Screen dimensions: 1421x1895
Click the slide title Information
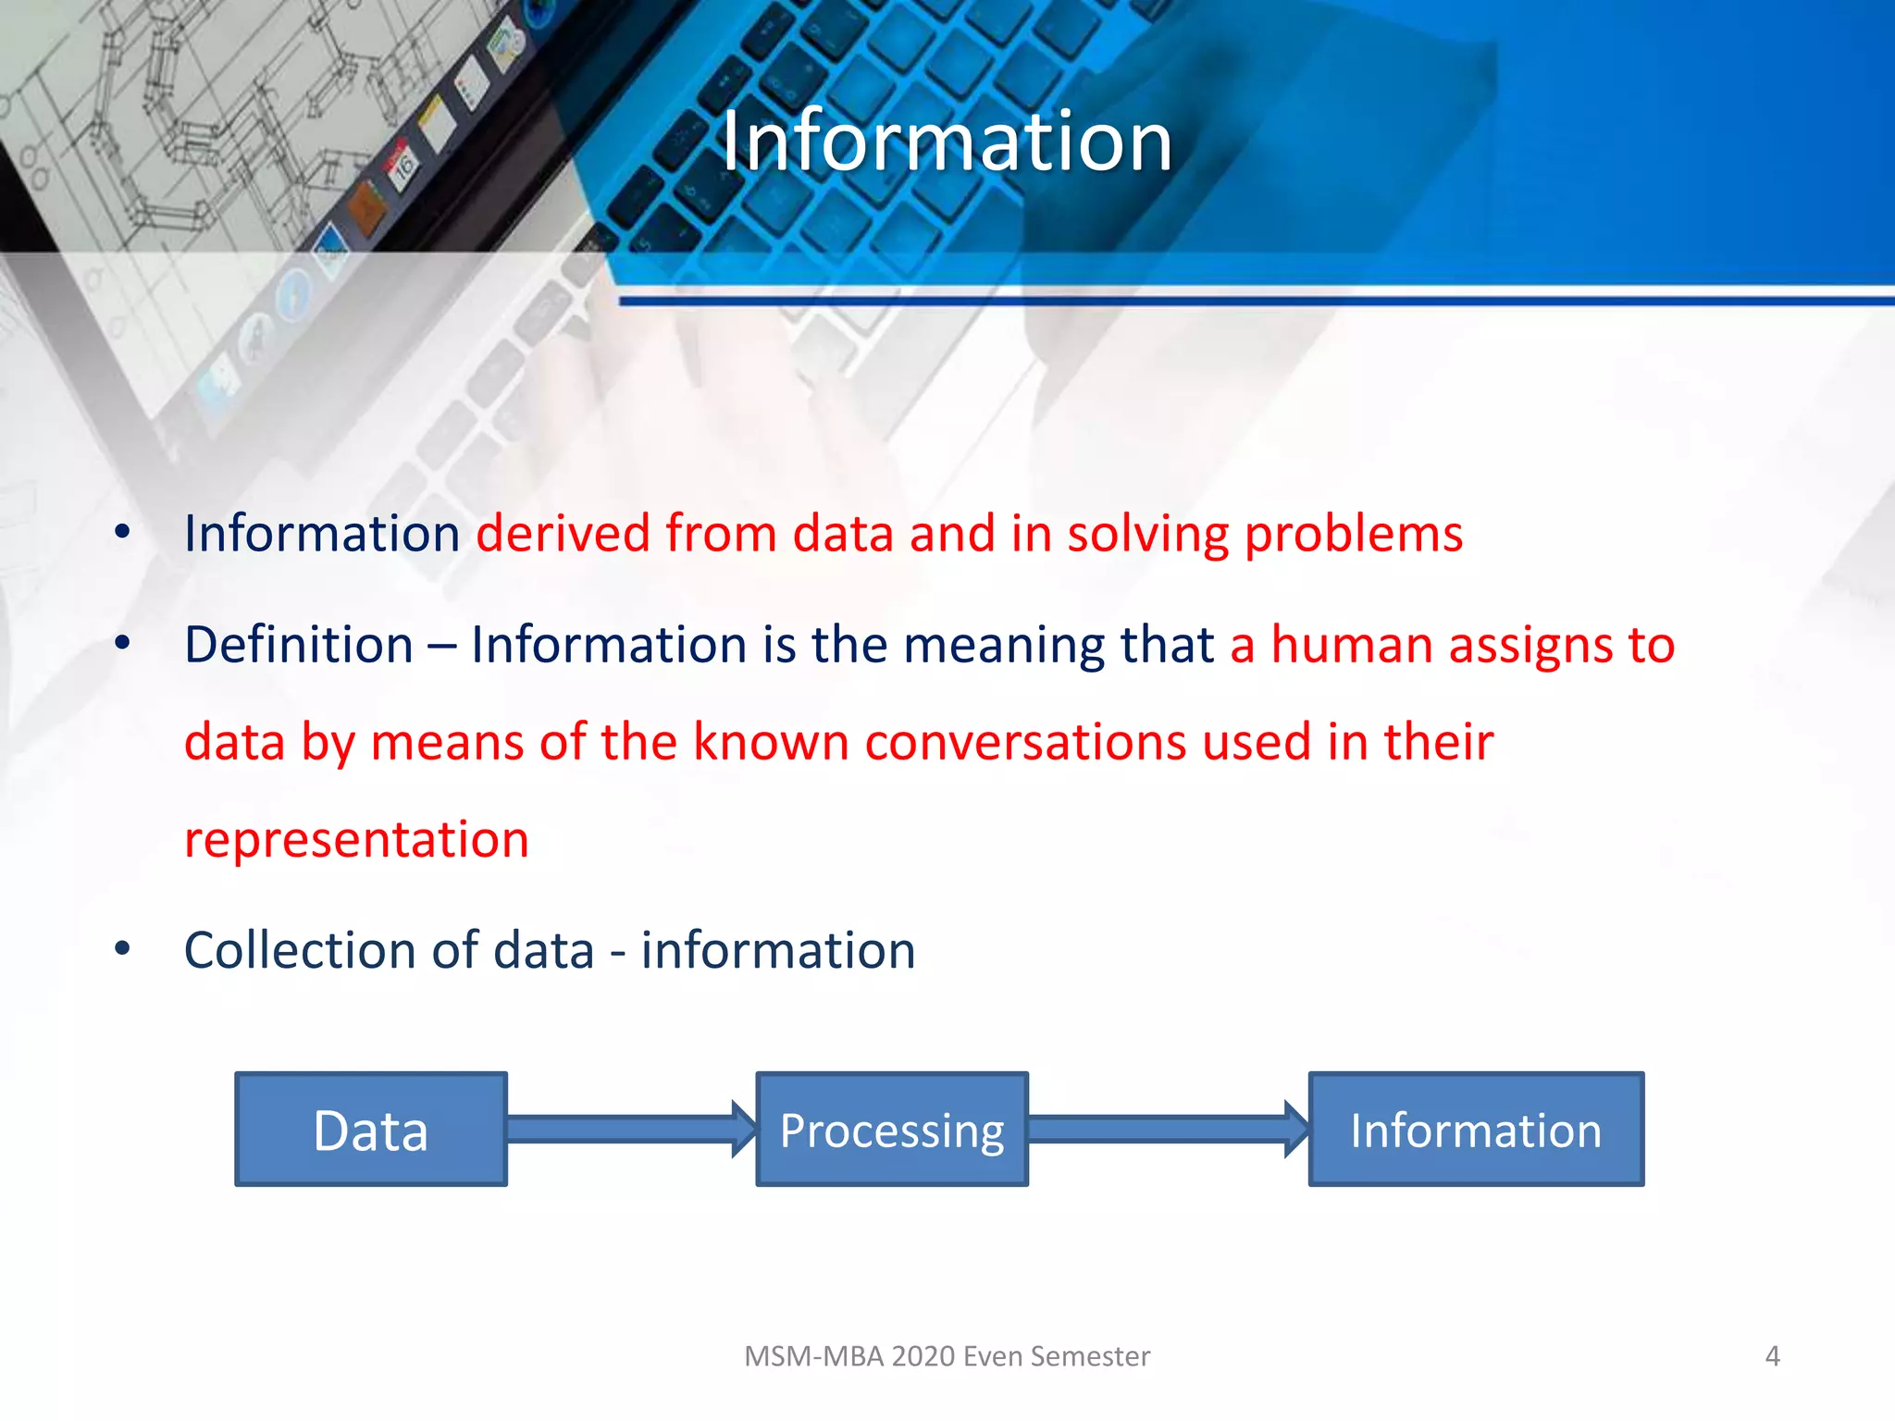click(947, 141)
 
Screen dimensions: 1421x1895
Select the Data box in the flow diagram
click(370, 1130)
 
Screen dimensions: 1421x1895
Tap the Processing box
click(892, 1130)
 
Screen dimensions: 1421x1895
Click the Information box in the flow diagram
click(1476, 1130)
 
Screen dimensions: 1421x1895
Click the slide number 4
click(1772, 1356)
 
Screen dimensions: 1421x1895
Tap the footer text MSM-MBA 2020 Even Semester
click(947, 1356)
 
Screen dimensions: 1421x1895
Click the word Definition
click(298, 645)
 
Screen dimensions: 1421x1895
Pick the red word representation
click(356, 840)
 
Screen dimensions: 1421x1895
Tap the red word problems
click(1354, 535)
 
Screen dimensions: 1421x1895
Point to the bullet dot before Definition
click(122, 643)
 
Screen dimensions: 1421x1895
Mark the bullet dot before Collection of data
click(122, 948)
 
